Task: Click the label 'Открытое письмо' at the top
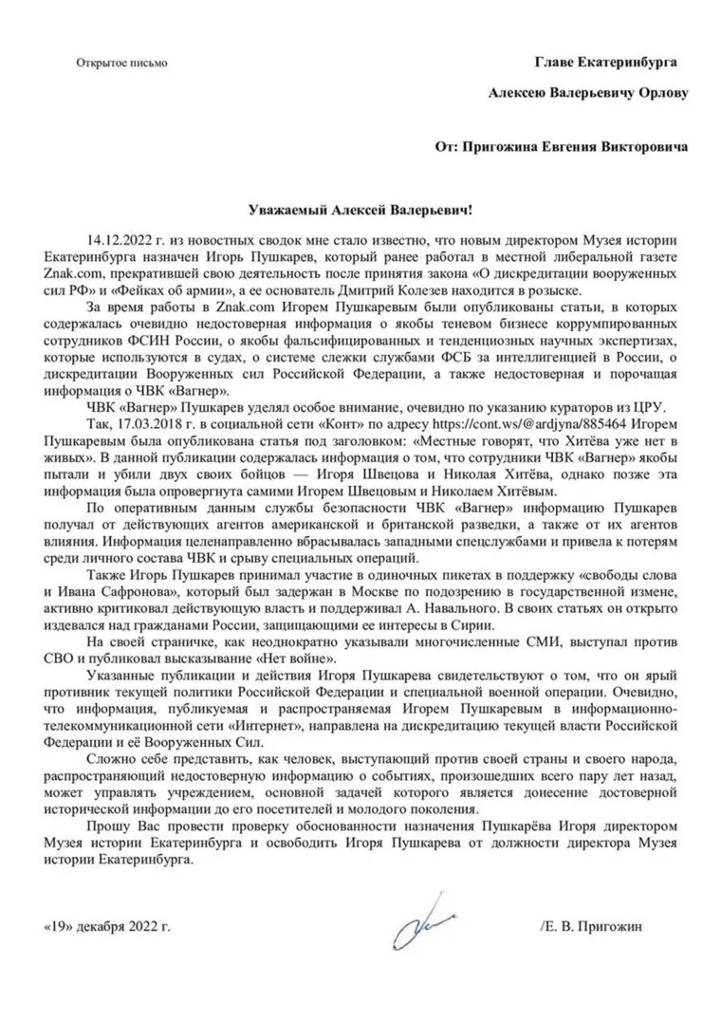121,64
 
